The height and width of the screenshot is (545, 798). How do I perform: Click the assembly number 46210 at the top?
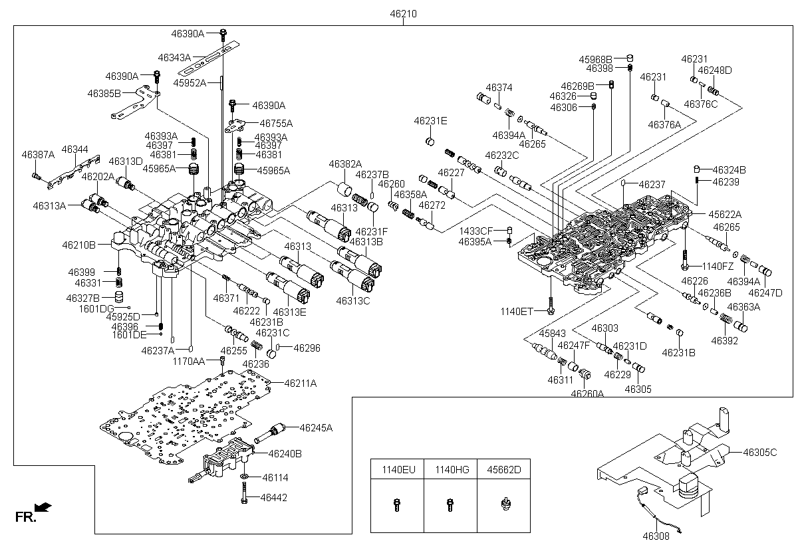point(403,13)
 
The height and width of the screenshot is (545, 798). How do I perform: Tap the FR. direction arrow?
point(43,506)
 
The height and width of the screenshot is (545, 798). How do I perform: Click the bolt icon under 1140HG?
point(450,504)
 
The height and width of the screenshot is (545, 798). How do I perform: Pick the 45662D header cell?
point(504,470)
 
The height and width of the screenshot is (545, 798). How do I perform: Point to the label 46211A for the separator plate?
point(301,383)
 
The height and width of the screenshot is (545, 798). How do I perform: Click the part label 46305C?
point(760,452)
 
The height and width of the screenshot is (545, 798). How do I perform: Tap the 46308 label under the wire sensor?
point(656,536)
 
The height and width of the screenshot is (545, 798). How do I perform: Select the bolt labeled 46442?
point(244,493)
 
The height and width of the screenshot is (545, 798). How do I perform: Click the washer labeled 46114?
point(245,477)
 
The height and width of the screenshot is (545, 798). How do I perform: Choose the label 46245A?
point(316,428)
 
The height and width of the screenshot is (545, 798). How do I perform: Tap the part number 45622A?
point(725,215)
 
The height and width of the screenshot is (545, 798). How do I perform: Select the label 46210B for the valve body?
point(78,245)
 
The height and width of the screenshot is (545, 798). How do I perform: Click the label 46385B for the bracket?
point(104,93)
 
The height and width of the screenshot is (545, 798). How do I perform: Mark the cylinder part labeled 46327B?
point(119,297)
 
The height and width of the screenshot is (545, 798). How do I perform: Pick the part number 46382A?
point(345,163)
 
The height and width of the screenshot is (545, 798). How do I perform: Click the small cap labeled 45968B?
point(630,58)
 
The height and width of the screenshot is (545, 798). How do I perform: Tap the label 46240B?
point(285,454)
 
